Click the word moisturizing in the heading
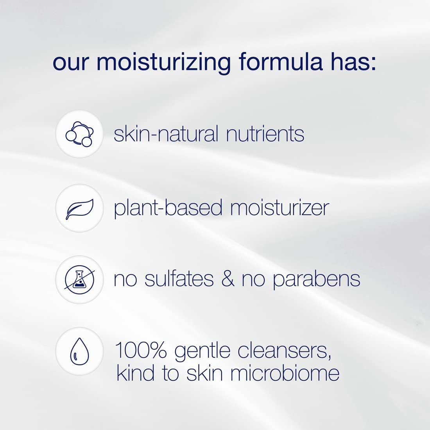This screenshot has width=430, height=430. [x=164, y=63]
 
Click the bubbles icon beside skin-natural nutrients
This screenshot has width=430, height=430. [x=79, y=134]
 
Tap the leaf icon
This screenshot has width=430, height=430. [x=79, y=208]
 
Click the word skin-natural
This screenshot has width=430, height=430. [x=166, y=134]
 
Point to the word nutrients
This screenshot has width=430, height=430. [x=265, y=134]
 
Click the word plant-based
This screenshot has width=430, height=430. [x=168, y=208]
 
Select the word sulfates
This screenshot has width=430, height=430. [x=179, y=279]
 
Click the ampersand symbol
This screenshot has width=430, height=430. [x=228, y=279]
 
